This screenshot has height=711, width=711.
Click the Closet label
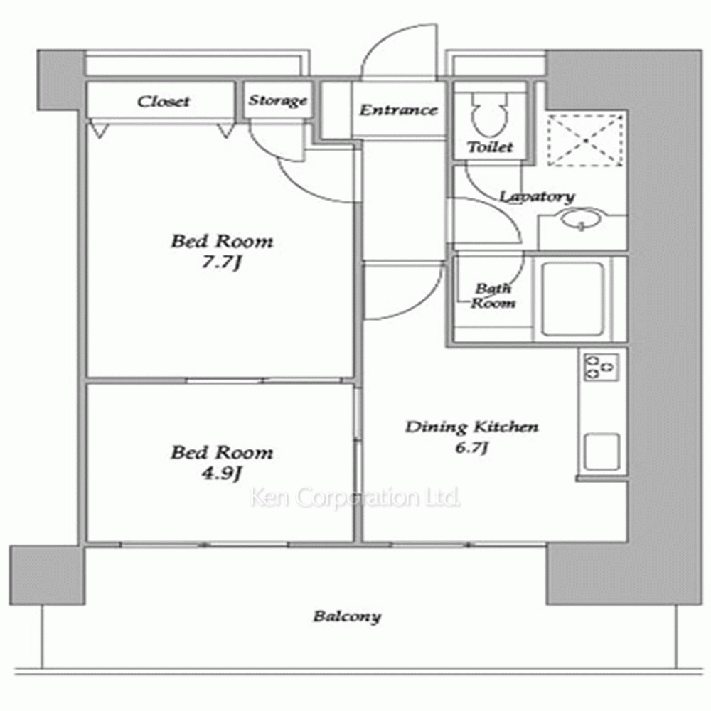pyautogui.click(x=164, y=101)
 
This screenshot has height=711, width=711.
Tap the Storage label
pyautogui.click(x=277, y=100)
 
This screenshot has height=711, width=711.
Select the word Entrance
pyautogui.click(x=399, y=109)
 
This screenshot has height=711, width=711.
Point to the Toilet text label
pyautogui.click(x=490, y=146)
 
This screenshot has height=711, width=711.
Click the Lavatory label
pyautogui.click(x=537, y=196)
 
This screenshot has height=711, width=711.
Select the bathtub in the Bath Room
pyautogui.click(x=573, y=299)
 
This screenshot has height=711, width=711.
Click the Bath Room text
pyautogui.click(x=493, y=295)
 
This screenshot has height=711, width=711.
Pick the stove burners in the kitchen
pyautogui.click(x=600, y=367)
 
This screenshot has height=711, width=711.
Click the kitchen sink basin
pyautogui.click(x=602, y=451)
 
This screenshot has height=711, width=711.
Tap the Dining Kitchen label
pyautogui.click(x=472, y=427)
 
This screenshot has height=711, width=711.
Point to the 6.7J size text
pyautogui.click(x=471, y=448)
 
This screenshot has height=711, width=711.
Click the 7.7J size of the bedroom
pyautogui.click(x=221, y=263)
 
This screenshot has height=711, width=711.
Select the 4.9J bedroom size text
pyautogui.click(x=221, y=474)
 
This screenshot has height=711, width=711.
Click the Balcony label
pyautogui.click(x=347, y=616)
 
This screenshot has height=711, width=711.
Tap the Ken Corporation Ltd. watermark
pyautogui.click(x=355, y=498)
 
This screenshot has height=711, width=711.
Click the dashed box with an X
pyautogui.click(x=585, y=140)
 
